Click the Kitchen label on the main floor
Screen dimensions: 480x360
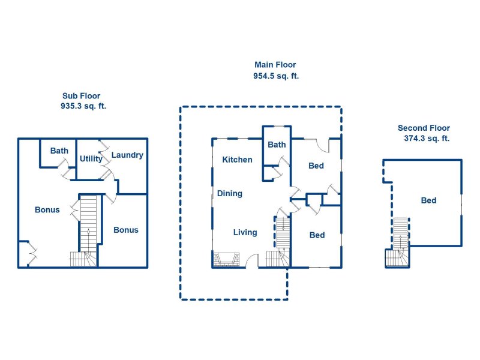[x=237, y=160]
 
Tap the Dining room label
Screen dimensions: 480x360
[x=230, y=193]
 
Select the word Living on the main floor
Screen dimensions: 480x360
[x=245, y=232]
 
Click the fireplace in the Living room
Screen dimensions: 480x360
[x=226, y=260]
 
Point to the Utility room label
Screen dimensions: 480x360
[x=91, y=158]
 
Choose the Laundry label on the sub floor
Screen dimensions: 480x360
[x=127, y=155]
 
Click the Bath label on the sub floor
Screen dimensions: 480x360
[x=59, y=151]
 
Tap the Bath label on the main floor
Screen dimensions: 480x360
[x=277, y=145]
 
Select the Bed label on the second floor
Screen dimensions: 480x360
[x=428, y=200]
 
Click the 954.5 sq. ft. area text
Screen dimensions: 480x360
[x=276, y=76]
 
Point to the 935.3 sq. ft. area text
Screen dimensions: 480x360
[x=83, y=106]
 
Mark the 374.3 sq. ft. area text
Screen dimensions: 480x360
[x=427, y=138]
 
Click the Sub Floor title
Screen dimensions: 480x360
[x=82, y=96]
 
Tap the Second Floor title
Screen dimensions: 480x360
[x=424, y=128]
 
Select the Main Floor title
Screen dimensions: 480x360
[x=275, y=65]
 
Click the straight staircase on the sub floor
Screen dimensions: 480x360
[x=88, y=223]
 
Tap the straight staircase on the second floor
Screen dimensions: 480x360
[x=400, y=233]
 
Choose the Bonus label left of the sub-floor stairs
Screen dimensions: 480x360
[x=47, y=209]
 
